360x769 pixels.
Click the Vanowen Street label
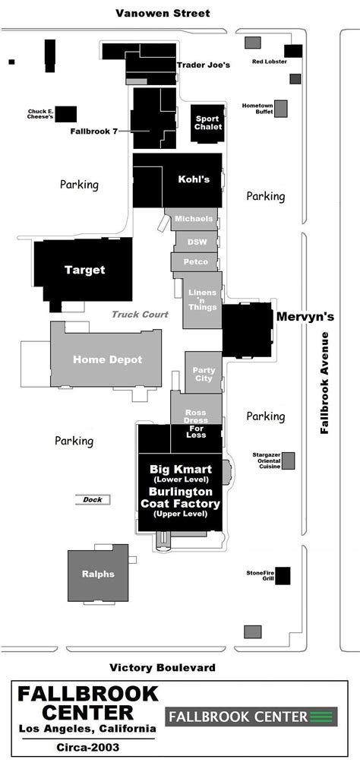[x=163, y=13]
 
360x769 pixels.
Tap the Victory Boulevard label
[x=163, y=667]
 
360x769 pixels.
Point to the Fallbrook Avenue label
[x=324, y=382]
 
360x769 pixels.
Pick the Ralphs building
[x=98, y=573]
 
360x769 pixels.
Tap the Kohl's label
[x=194, y=179]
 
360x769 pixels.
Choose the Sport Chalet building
[x=208, y=123]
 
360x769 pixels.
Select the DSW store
[x=196, y=242]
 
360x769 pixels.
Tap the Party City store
[x=204, y=372]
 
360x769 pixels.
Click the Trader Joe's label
[x=204, y=65]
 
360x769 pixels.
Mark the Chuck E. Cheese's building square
[x=66, y=114]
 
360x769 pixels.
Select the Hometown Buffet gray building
[x=280, y=109]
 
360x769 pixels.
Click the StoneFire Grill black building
[x=283, y=576]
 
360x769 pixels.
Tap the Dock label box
[x=93, y=500]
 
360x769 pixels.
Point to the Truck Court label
[x=140, y=315]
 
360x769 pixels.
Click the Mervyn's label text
[x=305, y=317]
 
